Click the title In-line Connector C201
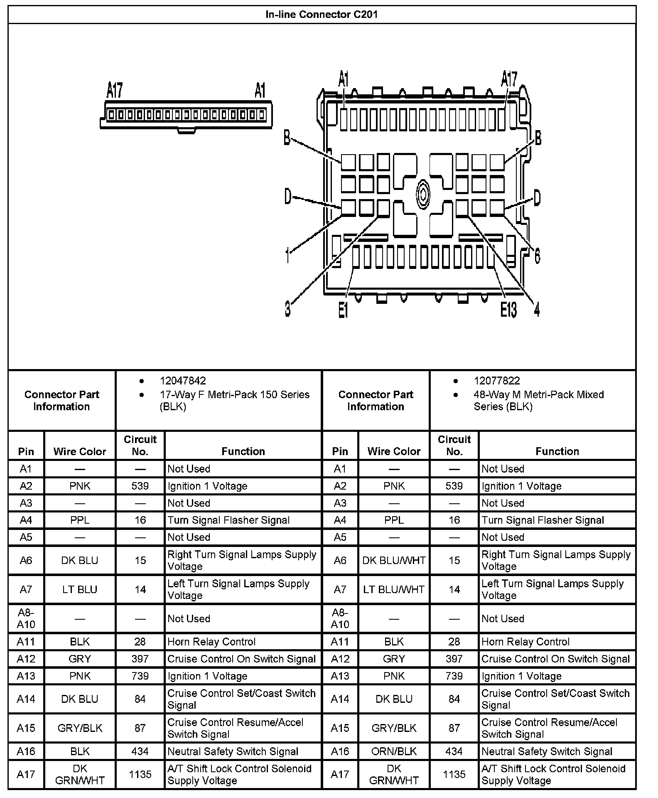click(x=322, y=15)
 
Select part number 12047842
click(x=183, y=381)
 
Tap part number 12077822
click(x=497, y=381)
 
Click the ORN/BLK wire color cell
click(x=394, y=751)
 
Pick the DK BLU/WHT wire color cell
click(x=394, y=560)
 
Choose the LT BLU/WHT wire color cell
click(x=394, y=589)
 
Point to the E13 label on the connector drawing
click(x=509, y=310)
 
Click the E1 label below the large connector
click(x=343, y=310)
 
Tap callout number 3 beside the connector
click(x=287, y=309)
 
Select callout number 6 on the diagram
click(x=537, y=255)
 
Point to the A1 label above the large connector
click(x=344, y=79)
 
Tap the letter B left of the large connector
click(x=287, y=138)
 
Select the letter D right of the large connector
click(x=537, y=197)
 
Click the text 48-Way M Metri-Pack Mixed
click(x=539, y=394)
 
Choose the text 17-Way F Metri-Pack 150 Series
click(x=235, y=394)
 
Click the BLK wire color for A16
click(x=80, y=751)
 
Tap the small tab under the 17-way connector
click(x=187, y=131)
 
